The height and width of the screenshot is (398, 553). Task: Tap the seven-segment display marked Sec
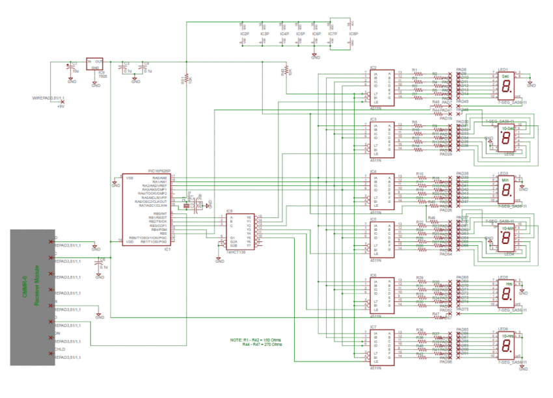coord(506,83)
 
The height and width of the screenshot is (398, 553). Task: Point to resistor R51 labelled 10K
coord(185,79)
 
